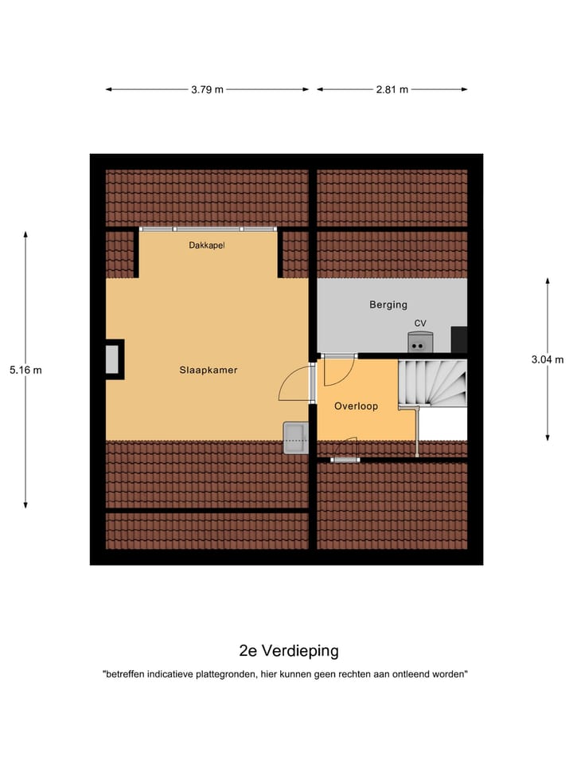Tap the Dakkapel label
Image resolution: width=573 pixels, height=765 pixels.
(x=207, y=245)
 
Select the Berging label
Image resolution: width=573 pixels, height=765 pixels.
(x=388, y=304)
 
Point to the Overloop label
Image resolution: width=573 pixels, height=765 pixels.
(x=356, y=406)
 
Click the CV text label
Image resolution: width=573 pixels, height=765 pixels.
(x=420, y=323)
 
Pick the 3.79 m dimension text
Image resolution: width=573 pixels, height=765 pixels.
(x=207, y=89)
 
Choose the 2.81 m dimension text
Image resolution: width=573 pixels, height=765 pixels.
(x=392, y=89)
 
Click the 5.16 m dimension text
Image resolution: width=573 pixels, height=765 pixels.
(x=25, y=370)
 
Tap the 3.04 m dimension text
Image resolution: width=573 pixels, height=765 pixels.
(x=548, y=359)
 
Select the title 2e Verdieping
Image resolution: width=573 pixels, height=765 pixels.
(x=288, y=651)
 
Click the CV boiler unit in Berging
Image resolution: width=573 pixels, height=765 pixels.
(x=420, y=343)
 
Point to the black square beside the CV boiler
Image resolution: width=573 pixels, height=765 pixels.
(x=459, y=339)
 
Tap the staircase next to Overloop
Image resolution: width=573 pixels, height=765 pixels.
(x=433, y=382)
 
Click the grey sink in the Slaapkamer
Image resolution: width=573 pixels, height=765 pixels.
(x=296, y=437)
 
